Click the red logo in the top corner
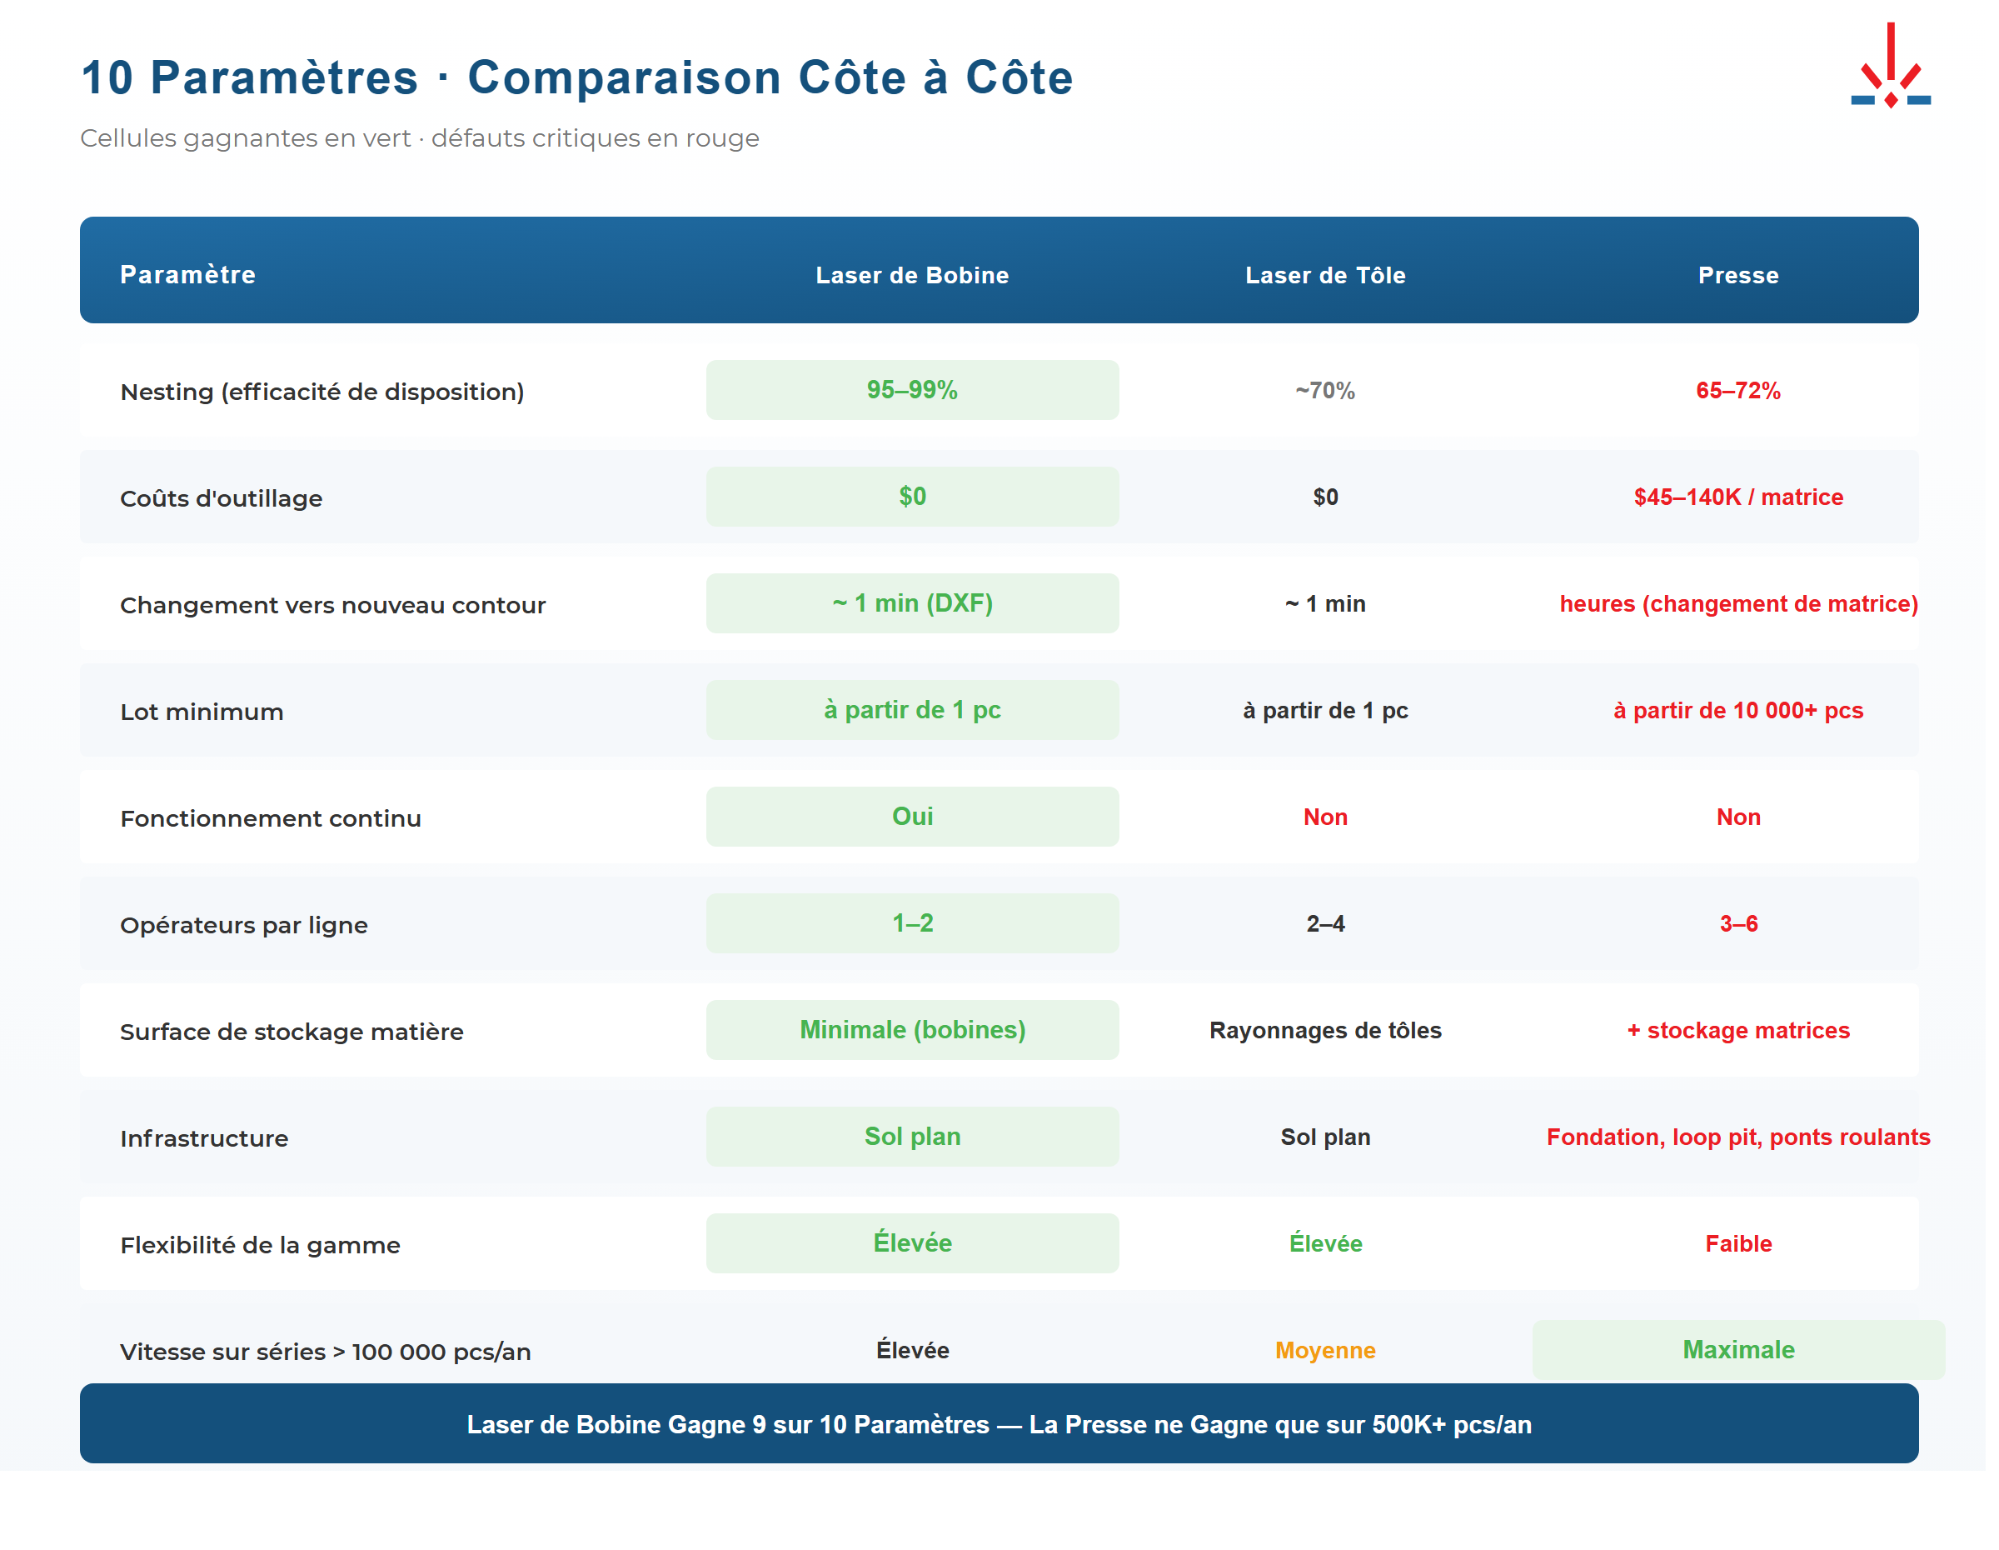pos(1890,66)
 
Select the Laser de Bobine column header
pos(912,275)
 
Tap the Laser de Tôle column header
pos(1324,275)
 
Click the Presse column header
pos(1737,275)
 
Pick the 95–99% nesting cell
pos(912,390)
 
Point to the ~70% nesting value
pos(1324,391)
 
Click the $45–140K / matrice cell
pos(1737,497)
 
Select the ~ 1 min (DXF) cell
pos(912,603)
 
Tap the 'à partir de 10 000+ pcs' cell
pos(1737,711)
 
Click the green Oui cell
pos(912,817)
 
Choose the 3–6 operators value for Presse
pos(1737,924)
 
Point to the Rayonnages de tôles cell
pos(1324,1030)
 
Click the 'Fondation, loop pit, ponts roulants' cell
pos(1737,1137)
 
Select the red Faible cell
pos(1737,1243)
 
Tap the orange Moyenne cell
pos(1324,1350)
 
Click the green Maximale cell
pos(1737,1349)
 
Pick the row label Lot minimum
pos(202,712)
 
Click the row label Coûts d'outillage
pos(221,499)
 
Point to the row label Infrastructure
pos(203,1139)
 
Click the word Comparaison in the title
pos(623,77)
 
